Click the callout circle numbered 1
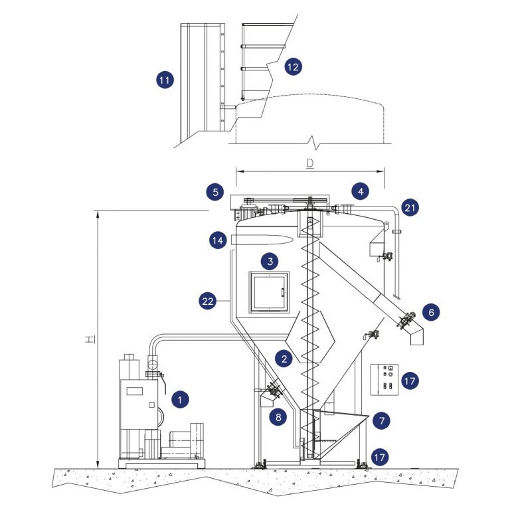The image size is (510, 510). tap(179, 399)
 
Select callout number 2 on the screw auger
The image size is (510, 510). tap(284, 359)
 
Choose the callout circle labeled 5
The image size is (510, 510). tap(214, 192)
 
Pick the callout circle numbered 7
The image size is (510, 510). tap(382, 420)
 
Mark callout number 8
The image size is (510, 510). tap(278, 417)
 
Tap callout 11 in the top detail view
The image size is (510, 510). tap(164, 80)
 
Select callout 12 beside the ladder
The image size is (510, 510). tap(292, 66)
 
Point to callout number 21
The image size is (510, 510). tap(411, 208)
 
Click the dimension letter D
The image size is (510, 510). tap(310, 163)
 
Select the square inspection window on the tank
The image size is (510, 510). tap(268, 292)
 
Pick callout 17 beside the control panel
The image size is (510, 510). tap(410, 382)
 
